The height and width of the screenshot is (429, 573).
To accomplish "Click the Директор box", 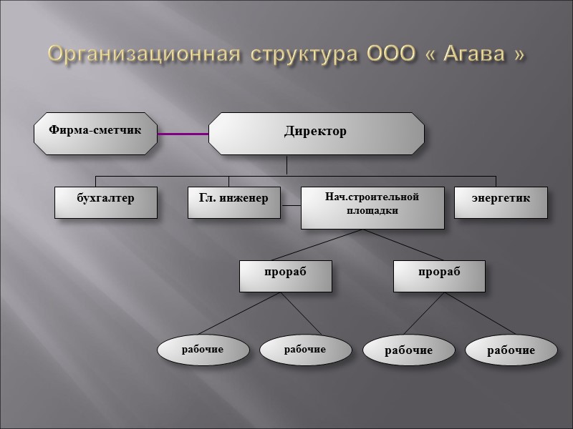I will click(316, 133).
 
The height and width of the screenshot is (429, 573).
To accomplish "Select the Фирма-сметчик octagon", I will click(95, 132).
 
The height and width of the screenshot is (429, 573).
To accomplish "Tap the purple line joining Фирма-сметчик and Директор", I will click(183, 133).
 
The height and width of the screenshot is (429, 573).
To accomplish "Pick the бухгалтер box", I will click(106, 202).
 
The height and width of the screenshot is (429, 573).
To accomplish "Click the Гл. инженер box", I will click(234, 202).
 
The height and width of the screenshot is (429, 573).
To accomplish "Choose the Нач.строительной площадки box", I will click(372, 207).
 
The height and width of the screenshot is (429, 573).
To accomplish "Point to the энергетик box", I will click(501, 202).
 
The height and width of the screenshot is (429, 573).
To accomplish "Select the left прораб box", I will click(285, 276).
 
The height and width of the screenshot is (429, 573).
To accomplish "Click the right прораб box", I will click(438, 276).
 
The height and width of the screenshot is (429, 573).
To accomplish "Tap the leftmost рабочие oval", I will click(203, 350).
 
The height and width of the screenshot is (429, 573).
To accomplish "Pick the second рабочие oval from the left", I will click(305, 350).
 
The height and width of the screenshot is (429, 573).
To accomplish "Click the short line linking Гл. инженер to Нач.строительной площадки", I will click(291, 206).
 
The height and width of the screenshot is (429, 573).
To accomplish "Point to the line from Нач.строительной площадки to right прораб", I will click(401, 245).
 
